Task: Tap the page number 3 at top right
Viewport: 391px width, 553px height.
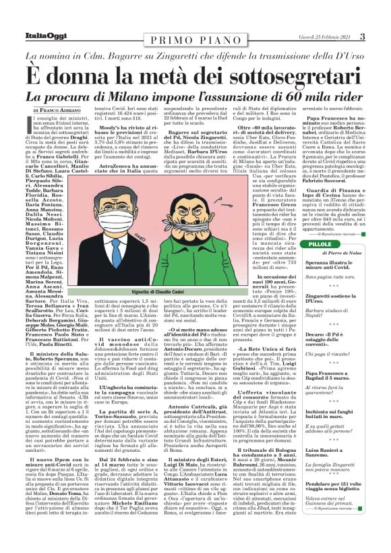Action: (x=381, y=36)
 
